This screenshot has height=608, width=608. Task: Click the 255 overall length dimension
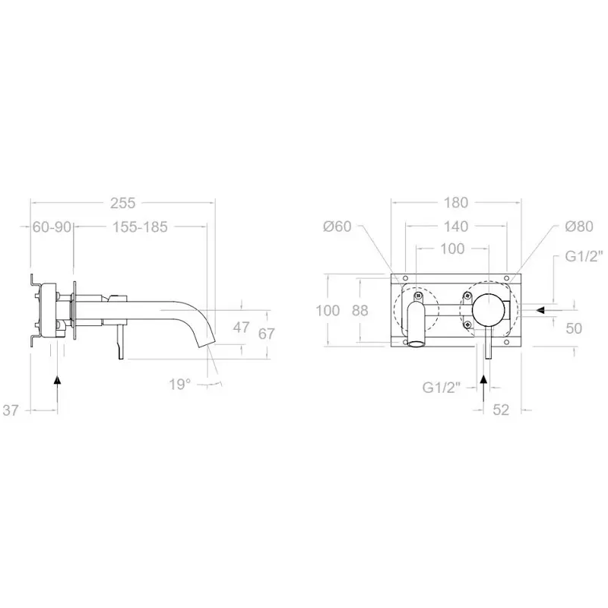click(x=122, y=203)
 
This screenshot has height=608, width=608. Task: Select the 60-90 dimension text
click(x=52, y=226)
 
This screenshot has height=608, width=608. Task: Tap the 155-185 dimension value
click(x=140, y=226)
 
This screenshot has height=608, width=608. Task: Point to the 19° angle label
click(x=179, y=385)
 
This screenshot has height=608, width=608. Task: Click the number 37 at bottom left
click(x=11, y=410)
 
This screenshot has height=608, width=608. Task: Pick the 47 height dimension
click(x=241, y=328)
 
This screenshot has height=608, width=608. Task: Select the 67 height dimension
click(x=267, y=334)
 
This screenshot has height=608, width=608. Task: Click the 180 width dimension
click(x=455, y=202)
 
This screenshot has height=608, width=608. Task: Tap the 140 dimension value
click(x=455, y=226)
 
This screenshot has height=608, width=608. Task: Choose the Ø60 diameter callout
click(x=337, y=226)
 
